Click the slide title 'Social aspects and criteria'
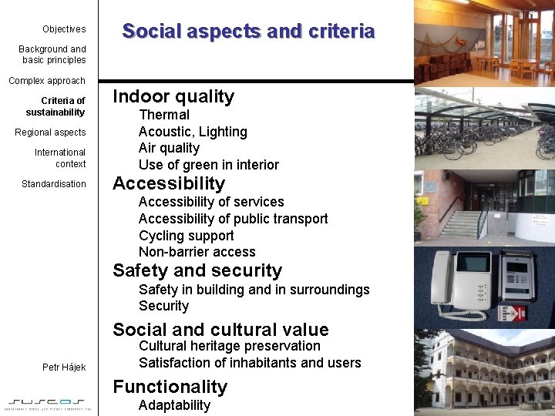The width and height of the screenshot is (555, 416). click(x=248, y=32)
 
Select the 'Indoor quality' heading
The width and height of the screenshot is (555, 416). click(x=173, y=96)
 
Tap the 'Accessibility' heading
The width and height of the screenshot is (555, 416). click(x=169, y=183)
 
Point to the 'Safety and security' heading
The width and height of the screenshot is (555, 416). click(x=197, y=270)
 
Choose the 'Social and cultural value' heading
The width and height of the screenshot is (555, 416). click(x=220, y=330)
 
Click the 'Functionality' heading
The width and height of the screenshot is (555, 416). click(x=170, y=387)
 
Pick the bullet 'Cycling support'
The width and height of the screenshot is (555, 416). click(x=186, y=236)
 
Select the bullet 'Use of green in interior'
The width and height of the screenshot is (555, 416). click(x=208, y=165)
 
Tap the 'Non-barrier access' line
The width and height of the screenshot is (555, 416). click(x=197, y=252)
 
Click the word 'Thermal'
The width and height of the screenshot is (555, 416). click(x=163, y=115)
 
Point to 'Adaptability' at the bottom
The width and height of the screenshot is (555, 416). click(x=174, y=405)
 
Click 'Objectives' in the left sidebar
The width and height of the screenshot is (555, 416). click(x=64, y=29)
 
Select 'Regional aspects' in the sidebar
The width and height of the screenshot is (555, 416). click(x=50, y=133)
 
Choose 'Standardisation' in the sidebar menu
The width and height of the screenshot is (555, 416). click(x=54, y=184)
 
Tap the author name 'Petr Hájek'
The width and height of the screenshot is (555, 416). click(x=64, y=367)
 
